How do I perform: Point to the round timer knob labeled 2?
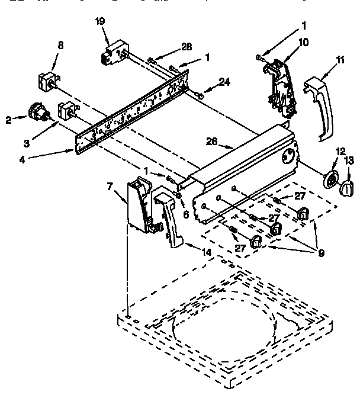[38, 111]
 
